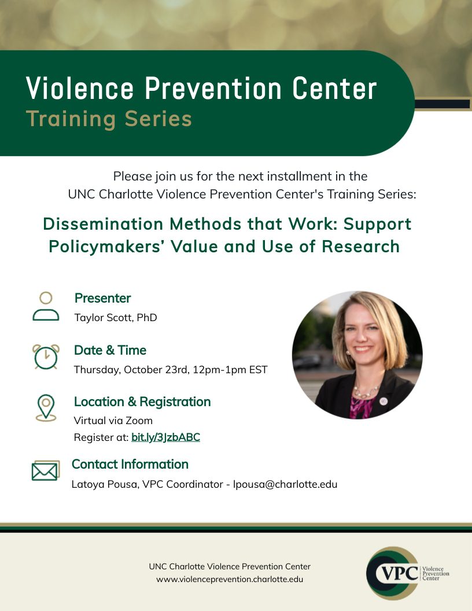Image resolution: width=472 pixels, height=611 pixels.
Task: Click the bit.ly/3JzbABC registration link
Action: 165,437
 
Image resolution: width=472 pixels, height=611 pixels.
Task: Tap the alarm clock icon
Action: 46,356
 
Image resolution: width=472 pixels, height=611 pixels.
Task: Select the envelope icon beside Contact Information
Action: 46,471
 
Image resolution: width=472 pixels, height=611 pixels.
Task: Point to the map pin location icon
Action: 46,407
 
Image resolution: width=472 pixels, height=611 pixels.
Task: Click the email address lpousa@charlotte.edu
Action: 285,484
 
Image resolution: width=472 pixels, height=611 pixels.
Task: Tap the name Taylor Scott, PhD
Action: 116,318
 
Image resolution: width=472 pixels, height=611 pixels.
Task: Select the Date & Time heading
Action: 110,350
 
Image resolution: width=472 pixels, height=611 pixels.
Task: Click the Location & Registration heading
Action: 142,402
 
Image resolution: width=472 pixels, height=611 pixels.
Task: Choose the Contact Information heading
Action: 130,464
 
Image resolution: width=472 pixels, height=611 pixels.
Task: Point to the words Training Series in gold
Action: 109,119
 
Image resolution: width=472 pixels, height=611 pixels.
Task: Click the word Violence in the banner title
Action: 80,89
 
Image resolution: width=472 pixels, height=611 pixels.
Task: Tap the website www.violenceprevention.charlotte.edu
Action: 230,579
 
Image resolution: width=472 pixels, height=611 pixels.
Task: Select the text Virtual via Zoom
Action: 113,421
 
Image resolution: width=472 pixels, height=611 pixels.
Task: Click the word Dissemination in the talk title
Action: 103,224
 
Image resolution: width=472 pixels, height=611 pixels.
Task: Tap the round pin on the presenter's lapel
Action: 383,400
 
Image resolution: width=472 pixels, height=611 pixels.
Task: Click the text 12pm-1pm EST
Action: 230,369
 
